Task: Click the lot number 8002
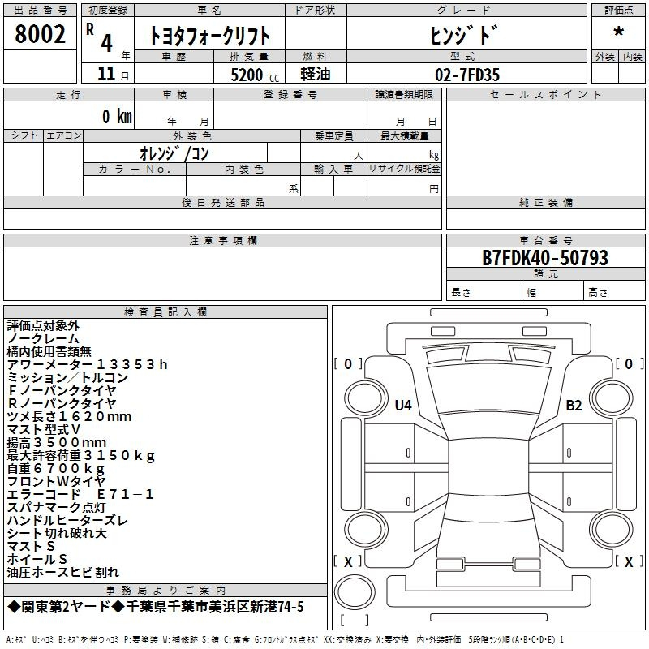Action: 40,34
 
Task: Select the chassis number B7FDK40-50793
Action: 545,257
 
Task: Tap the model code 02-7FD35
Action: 467,75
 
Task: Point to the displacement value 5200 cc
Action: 255,75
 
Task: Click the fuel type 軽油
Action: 316,74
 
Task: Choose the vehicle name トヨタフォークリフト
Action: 209,36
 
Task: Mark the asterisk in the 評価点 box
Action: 619,32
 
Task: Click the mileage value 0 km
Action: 117,116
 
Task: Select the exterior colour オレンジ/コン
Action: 174,153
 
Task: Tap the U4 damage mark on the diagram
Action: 403,405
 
